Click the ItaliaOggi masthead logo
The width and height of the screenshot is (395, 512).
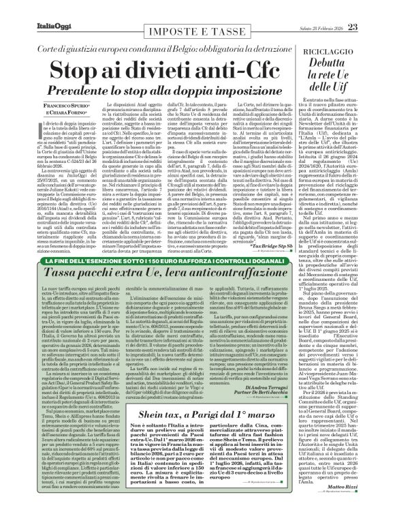[28, 7]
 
